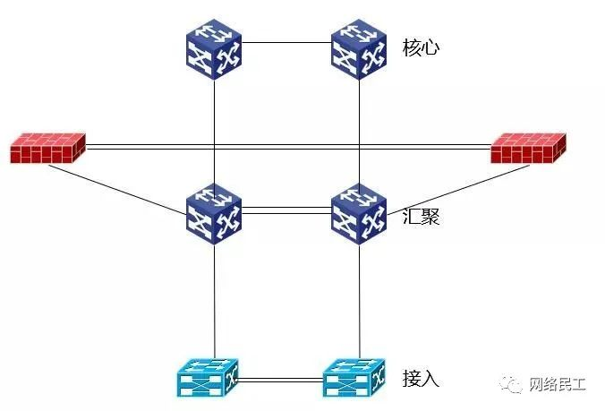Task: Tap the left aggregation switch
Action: point(215,215)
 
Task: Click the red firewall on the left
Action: point(48,149)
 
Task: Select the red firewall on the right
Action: point(529,149)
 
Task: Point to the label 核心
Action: point(422,47)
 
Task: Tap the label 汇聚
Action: point(421,216)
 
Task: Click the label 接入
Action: point(421,379)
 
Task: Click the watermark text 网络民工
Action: point(558,384)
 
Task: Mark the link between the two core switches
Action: point(287,41)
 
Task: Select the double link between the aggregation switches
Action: point(287,212)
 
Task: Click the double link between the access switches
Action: point(281,381)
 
